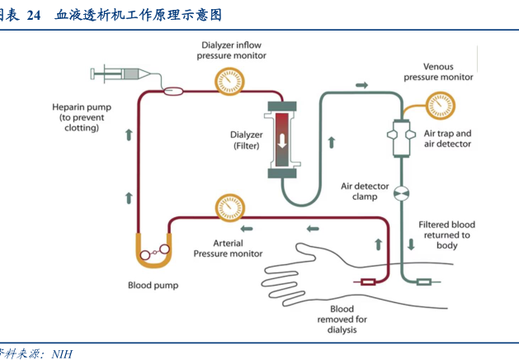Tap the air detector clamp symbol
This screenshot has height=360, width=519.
point(402,192)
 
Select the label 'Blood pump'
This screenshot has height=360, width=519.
point(153,286)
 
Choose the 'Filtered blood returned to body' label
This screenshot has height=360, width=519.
point(446,234)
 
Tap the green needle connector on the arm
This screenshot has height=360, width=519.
point(423,282)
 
